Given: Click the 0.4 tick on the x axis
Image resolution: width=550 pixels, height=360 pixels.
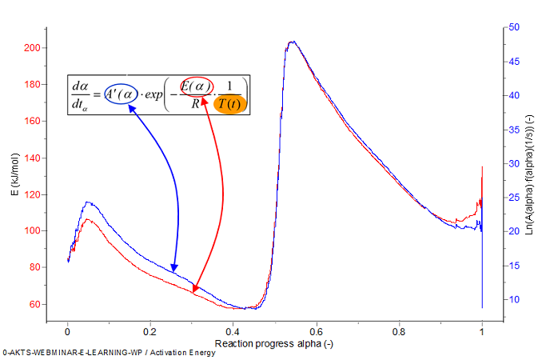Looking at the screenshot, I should point(233,323).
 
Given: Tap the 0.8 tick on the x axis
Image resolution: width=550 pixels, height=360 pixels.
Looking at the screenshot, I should point(399,323).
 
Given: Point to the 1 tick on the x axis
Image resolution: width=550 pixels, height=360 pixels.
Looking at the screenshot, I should point(482,323).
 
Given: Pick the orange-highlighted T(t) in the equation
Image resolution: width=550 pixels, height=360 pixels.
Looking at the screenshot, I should point(232,105).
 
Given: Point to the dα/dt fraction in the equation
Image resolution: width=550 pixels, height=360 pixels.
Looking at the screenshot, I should point(82,94).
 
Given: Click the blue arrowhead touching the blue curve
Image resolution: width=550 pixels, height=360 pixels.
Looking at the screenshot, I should point(174,269).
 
